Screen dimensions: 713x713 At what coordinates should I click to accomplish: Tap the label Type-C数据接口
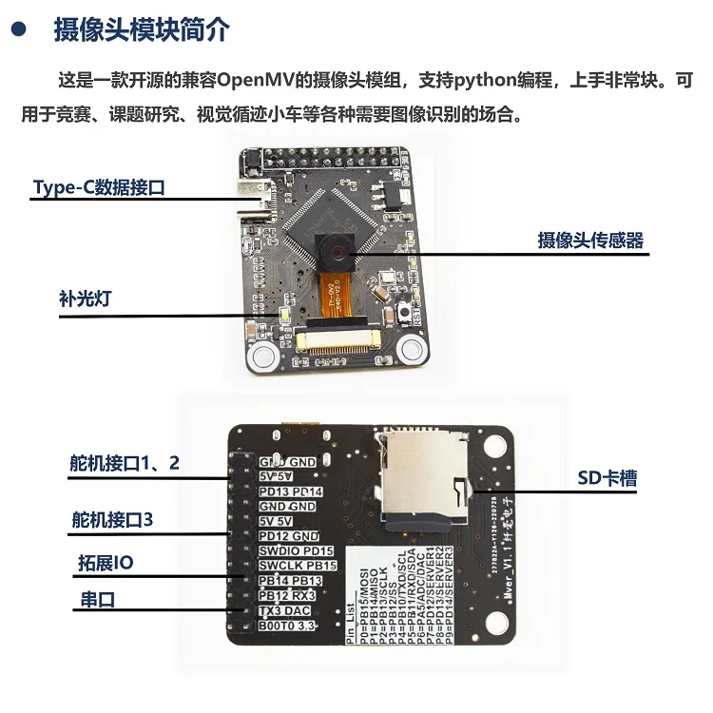(x=99, y=187)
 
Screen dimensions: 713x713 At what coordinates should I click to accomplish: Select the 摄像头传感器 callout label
(x=590, y=241)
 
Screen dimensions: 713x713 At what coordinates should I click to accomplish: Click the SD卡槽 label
(x=607, y=478)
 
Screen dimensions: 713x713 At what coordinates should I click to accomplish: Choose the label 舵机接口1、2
(x=125, y=463)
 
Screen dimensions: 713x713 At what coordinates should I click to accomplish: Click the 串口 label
(x=93, y=600)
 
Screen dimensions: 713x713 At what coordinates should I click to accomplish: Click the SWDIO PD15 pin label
(x=297, y=550)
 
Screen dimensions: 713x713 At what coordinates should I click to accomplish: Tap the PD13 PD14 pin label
(x=291, y=491)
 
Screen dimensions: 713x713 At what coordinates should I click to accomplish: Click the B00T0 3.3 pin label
(x=287, y=626)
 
